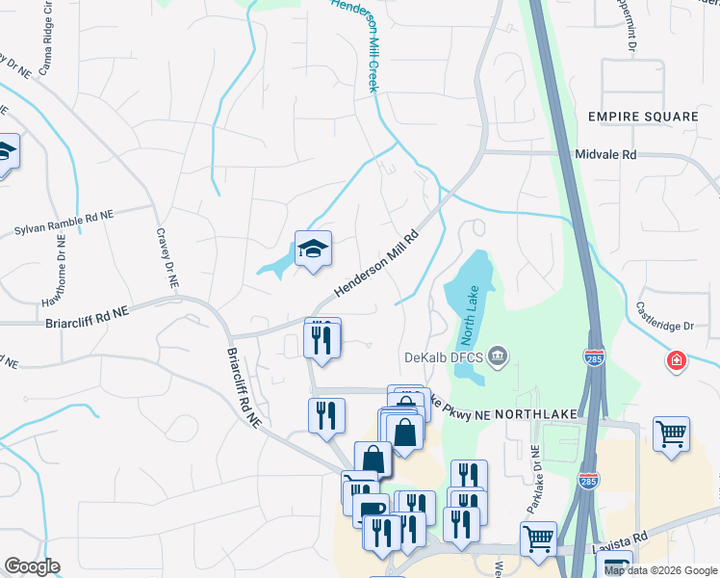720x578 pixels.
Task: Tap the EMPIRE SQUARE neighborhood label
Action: coord(643,117)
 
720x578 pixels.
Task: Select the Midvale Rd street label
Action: coord(605,154)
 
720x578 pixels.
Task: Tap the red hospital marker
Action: coord(678,361)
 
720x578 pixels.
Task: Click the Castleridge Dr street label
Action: coord(664,319)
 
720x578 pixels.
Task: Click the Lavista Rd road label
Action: coord(633,545)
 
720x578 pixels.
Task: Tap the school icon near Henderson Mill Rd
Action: coord(313,249)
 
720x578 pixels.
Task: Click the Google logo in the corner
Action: coord(32,566)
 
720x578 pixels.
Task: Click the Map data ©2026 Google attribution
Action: coord(660,570)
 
